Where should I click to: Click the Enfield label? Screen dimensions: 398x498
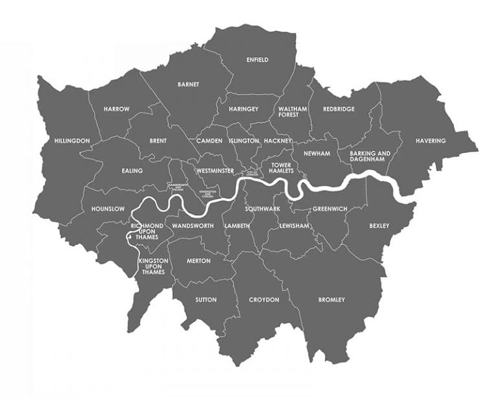257,60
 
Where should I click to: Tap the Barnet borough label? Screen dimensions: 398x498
188,84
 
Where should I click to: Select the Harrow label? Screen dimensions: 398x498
117,109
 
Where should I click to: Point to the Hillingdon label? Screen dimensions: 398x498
72,141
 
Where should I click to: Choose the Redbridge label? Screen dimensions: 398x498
338,109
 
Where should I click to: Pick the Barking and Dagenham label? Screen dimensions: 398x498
370,156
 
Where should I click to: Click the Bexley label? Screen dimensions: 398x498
379,226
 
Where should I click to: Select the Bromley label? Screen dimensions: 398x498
331,299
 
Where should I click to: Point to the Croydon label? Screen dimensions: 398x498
264,299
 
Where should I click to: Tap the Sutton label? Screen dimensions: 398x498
206,299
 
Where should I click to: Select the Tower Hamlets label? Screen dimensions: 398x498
282,168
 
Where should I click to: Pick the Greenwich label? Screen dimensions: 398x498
330,209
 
